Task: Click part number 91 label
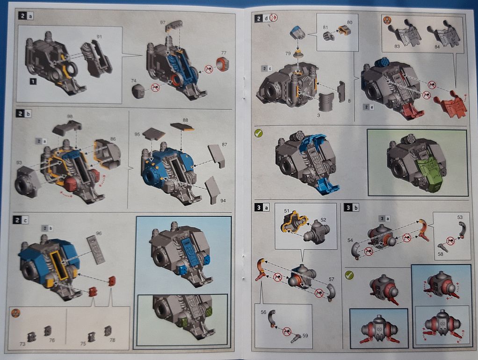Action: point(99,36)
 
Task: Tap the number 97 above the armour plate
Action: point(163,22)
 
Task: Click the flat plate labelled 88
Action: point(182,126)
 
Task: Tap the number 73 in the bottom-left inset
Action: point(22,344)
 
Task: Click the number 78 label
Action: point(113,340)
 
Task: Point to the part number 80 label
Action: point(349,22)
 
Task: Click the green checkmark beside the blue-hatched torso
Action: point(259,133)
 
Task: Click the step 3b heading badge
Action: point(352,208)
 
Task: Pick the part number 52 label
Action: point(323,220)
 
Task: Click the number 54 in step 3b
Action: point(350,240)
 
